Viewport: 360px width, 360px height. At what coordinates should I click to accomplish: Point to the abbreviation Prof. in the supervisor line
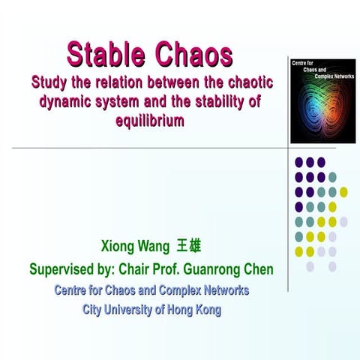pyautogui.click(x=164, y=268)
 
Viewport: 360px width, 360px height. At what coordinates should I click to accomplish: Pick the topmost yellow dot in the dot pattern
pyautogui.click(x=343, y=192)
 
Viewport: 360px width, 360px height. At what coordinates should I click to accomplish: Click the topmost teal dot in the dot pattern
pyautogui.click(x=332, y=177)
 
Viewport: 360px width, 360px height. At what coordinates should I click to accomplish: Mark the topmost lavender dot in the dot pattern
pyautogui.click(x=343, y=221)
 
